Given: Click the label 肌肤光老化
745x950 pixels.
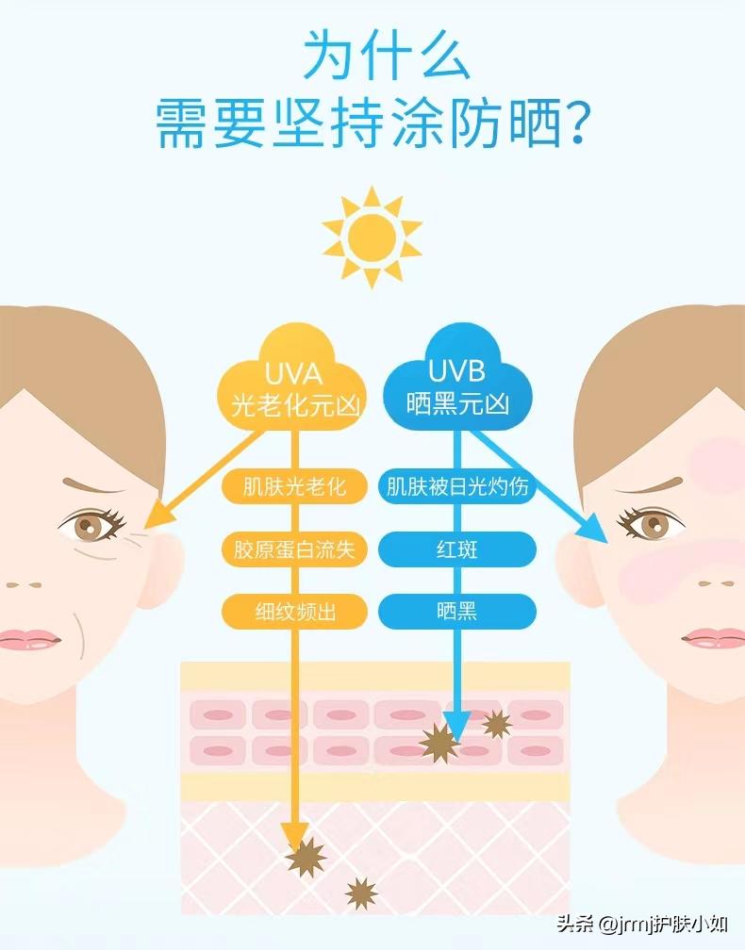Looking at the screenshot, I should pyautogui.click(x=294, y=487).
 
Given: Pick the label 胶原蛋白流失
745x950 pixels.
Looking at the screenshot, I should pyautogui.click(x=294, y=549).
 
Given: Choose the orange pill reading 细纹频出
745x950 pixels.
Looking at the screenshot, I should pyautogui.click(x=294, y=612).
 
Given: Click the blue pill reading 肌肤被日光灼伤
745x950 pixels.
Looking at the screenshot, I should pyautogui.click(x=457, y=487).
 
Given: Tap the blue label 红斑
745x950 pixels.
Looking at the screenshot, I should pyautogui.click(x=457, y=549).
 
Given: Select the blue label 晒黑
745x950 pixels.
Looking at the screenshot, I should pyautogui.click(x=457, y=612).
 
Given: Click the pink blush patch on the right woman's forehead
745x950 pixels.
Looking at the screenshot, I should pyautogui.click(x=722, y=457).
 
